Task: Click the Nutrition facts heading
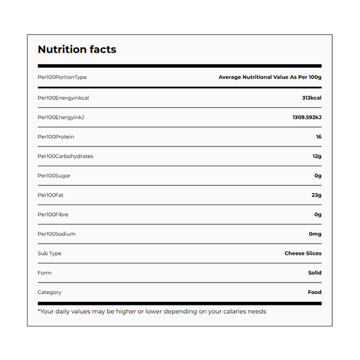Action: tap(77, 50)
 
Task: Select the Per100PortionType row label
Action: tap(62, 77)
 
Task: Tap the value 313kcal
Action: tap(311, 98)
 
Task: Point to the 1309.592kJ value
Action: tap(307, 117)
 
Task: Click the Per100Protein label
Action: tap(56, 137)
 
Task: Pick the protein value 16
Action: tap(318, 137)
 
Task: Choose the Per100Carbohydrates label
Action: tap(65, 156)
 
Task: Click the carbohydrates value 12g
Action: tap(317, 156)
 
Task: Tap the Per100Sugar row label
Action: tap(54, 176)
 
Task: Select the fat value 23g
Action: tap(317, 195)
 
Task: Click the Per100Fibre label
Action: tap(54, 214)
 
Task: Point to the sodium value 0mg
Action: tap(315, 234)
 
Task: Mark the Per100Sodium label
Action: tap(56, 234)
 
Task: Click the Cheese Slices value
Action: tap(303, 253)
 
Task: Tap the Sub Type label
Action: tap(49, 253)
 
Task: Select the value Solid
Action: tap(314, 273)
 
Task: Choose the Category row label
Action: tap(49, 292)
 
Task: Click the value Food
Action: tap(314, 292)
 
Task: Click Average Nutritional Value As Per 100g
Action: tap(270, 77)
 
